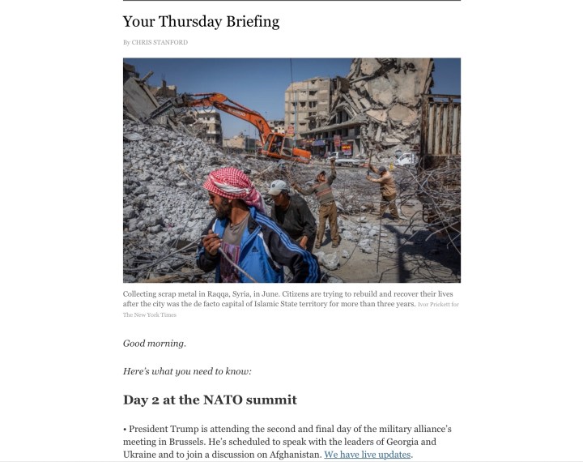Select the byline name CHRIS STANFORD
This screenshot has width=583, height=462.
[160, 42]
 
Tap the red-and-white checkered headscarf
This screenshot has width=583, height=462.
[230, 186]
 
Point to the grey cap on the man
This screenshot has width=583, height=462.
[278, 187]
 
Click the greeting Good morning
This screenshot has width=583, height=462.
[155, 343]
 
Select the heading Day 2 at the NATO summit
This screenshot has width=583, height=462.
[210, 400]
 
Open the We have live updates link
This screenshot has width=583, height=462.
[368, 455]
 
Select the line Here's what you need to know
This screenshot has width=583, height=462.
[187, 371]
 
